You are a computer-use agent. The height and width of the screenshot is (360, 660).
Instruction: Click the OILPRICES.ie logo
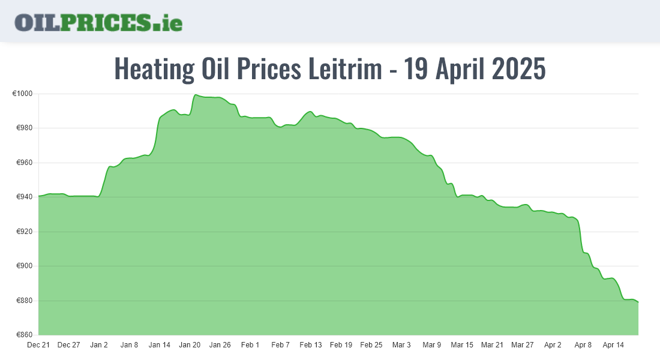[x=98, y=22]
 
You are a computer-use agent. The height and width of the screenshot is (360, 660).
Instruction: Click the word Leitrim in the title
[x=345, y=69]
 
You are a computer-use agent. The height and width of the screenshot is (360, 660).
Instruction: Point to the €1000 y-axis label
[x=22, y=94]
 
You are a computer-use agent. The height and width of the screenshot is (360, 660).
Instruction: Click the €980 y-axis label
[x=24, y=128]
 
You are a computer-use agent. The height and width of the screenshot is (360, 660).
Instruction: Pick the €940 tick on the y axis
[x=24, y=197]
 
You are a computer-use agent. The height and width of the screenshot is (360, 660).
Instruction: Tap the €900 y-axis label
[x=24, y=266]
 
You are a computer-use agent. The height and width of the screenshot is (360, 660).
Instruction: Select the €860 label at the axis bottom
[x=24, y=335]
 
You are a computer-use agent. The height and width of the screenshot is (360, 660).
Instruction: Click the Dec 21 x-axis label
[x=38, y=345]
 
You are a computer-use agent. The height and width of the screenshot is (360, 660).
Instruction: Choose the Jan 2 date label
[x=99, y=345]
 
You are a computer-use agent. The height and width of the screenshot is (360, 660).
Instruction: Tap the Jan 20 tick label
[x=190, y=345]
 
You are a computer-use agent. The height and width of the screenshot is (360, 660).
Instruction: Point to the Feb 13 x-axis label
[x=311, y=345]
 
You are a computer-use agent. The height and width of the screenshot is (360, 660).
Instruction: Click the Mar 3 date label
[x=401, y=345]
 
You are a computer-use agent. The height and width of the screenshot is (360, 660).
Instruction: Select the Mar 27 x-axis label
[x=522, y=345]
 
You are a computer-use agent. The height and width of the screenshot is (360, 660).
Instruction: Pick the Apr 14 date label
[x=613, y=345]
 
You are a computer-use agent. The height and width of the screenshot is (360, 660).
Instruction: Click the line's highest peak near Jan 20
[x=196, y=95]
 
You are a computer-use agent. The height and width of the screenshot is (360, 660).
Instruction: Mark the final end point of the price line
[x=638, y=302]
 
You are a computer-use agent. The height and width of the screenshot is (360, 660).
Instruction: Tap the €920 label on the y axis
[x=24, y=232]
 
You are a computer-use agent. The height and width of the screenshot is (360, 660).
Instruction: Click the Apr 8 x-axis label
[x=583, y=345]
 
